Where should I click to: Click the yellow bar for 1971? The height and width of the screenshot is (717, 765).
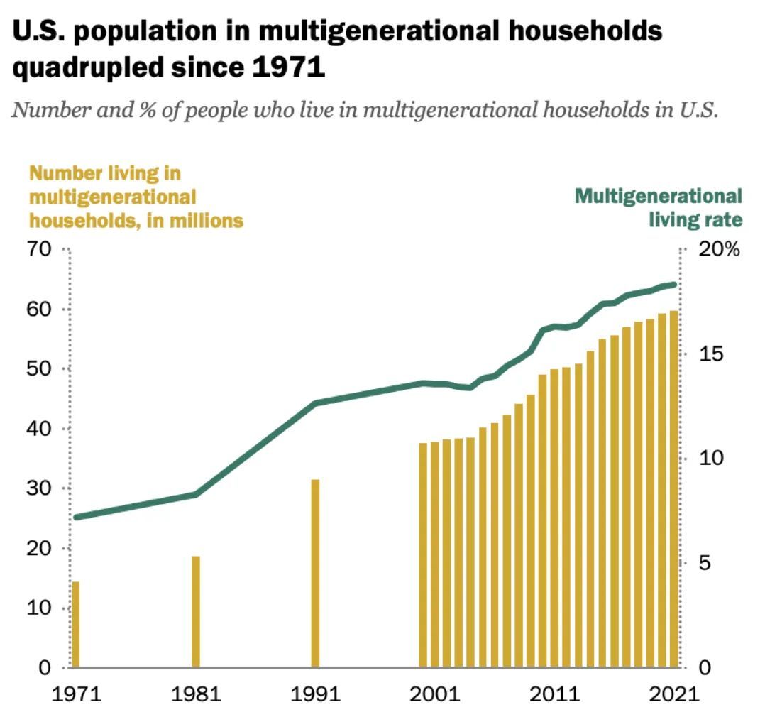[75, 625]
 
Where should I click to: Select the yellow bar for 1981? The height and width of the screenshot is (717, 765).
[196, 611]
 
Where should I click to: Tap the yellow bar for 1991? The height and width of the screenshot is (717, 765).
[315, 573]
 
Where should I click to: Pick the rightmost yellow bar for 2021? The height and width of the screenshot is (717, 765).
[673, 489]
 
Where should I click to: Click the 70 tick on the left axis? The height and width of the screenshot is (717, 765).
[39, 250]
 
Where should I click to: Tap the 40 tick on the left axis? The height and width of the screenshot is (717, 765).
[39, 429]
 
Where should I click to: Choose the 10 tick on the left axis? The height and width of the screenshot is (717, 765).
[39, 608]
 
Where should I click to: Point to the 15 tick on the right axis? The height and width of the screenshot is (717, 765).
[710, 354]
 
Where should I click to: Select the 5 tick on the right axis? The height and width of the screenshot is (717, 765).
[705, 564]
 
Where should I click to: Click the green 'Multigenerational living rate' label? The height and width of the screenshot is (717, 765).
[659, 207]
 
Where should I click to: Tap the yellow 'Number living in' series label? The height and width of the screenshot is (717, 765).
[105, 173]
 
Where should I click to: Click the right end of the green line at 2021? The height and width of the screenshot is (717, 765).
[673, 284]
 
